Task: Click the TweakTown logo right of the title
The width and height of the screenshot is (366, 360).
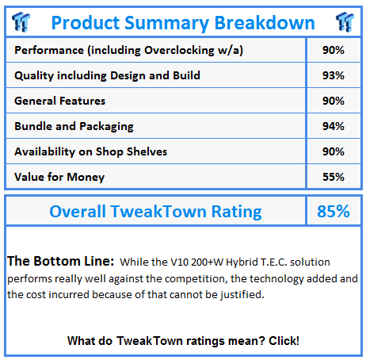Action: click(x=343, y=21)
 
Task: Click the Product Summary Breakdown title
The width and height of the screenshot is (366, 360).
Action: click(x=182, y=22)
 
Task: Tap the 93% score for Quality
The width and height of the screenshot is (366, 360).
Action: click(x=334, y=75)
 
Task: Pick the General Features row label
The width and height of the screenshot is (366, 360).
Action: click(x=59, y=101)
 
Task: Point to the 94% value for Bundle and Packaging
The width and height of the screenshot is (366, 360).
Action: click(x=334, y=126)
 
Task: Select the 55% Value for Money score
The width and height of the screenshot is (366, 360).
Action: click(x=334, y=177)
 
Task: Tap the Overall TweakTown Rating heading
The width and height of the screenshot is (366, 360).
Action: click(x=155, y=211)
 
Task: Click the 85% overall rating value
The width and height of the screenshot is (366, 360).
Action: click(x=334, y=211)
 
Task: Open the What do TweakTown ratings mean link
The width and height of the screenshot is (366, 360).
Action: click(x=183, y=341)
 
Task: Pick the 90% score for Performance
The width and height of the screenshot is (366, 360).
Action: click(x=334, y=50)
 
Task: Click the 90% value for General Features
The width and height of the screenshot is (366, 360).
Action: click(x=334, y=101)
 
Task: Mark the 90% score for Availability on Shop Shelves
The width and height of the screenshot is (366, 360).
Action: click(x=334, y=151)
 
